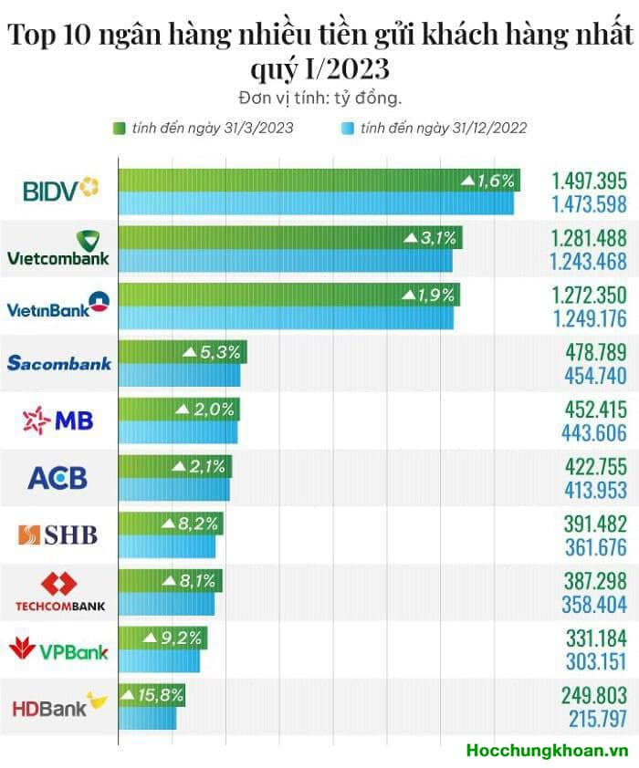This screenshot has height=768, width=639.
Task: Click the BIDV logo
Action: point(59,190)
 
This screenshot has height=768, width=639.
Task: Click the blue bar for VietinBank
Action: point(286,318)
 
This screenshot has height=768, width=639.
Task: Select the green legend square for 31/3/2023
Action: point(119,129)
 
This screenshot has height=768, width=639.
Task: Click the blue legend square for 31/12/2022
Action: point(348,129)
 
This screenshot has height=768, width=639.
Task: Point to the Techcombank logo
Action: point(59,591)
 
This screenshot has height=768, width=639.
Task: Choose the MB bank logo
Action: point(59,420)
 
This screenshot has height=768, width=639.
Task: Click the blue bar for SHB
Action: point(167,547)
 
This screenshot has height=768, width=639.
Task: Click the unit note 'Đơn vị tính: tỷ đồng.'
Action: point(319,97)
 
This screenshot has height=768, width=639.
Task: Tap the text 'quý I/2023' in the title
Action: point(319,67)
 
